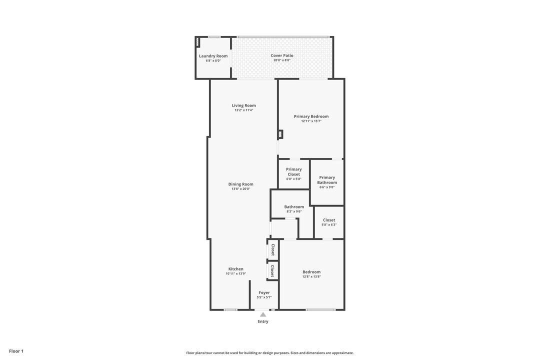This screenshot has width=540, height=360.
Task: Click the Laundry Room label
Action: pyautogui.click(x=213, y=56)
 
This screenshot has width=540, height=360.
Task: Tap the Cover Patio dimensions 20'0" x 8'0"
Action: pyautogui.click(x=282, y=60)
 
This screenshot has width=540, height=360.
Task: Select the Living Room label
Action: pyautogui.click(x=243, y=105)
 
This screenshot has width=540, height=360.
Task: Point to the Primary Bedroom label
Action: pyautogui.click(x=311, y=116)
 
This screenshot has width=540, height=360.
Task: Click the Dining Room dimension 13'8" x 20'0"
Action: pyautogui.click(x=241, y=189)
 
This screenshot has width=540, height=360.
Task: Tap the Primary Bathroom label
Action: pyautogui.click(x=327, y=180)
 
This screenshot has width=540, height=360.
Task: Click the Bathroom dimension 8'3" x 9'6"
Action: pyautogui.click(x=294, y=211)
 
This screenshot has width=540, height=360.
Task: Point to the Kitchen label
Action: pyautogui.click(x=236, y=269)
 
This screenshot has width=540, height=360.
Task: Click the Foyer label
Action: pyautogui.click(x=264, y=292)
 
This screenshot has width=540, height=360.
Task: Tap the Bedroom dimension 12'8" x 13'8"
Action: pyautogui.click(x=311, y=276)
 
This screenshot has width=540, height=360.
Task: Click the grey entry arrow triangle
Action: pyautogui.click(x=263, y=314)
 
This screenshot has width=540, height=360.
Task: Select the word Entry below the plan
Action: pyautogui.click(x=263, y=321)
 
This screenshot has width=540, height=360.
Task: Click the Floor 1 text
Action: pyautogui.click(x=16, y=351)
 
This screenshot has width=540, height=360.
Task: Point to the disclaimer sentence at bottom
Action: pyautogui.click(x=270, y=353)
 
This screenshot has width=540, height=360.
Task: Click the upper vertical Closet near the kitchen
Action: pyautogui.click(x=272, y=249)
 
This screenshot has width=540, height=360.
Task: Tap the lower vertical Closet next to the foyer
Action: pyautogui.click(x=272, y=270)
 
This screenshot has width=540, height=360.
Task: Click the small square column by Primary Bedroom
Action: pyautogui.click(x=280, y=134)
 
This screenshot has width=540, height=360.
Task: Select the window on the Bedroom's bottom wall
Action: pyautogui.click(x=320, y=310)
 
